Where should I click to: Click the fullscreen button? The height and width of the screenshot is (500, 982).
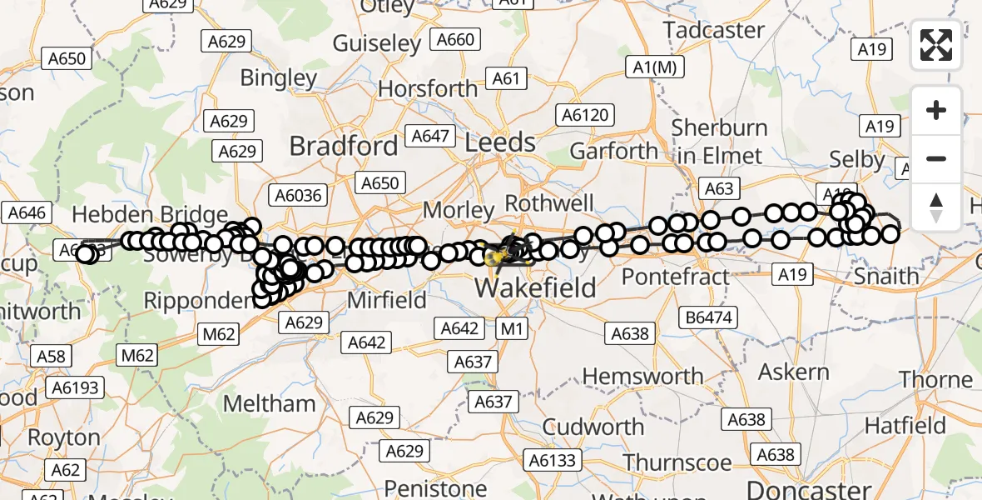936,45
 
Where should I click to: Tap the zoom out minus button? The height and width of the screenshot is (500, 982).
936,158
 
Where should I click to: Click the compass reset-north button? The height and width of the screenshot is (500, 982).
936,206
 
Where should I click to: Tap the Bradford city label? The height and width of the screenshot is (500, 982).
343,146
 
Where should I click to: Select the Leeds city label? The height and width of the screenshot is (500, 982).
500,142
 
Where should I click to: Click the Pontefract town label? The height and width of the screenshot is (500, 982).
675,276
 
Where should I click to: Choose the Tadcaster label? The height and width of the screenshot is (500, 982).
714,30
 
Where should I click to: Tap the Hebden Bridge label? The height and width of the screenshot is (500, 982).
150,215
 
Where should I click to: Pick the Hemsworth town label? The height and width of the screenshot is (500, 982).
642,377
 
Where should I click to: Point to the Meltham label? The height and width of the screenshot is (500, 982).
270,404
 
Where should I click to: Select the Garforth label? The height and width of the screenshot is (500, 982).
614,152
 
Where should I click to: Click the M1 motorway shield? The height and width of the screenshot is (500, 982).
512,328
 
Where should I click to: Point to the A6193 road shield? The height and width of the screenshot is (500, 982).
75,387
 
